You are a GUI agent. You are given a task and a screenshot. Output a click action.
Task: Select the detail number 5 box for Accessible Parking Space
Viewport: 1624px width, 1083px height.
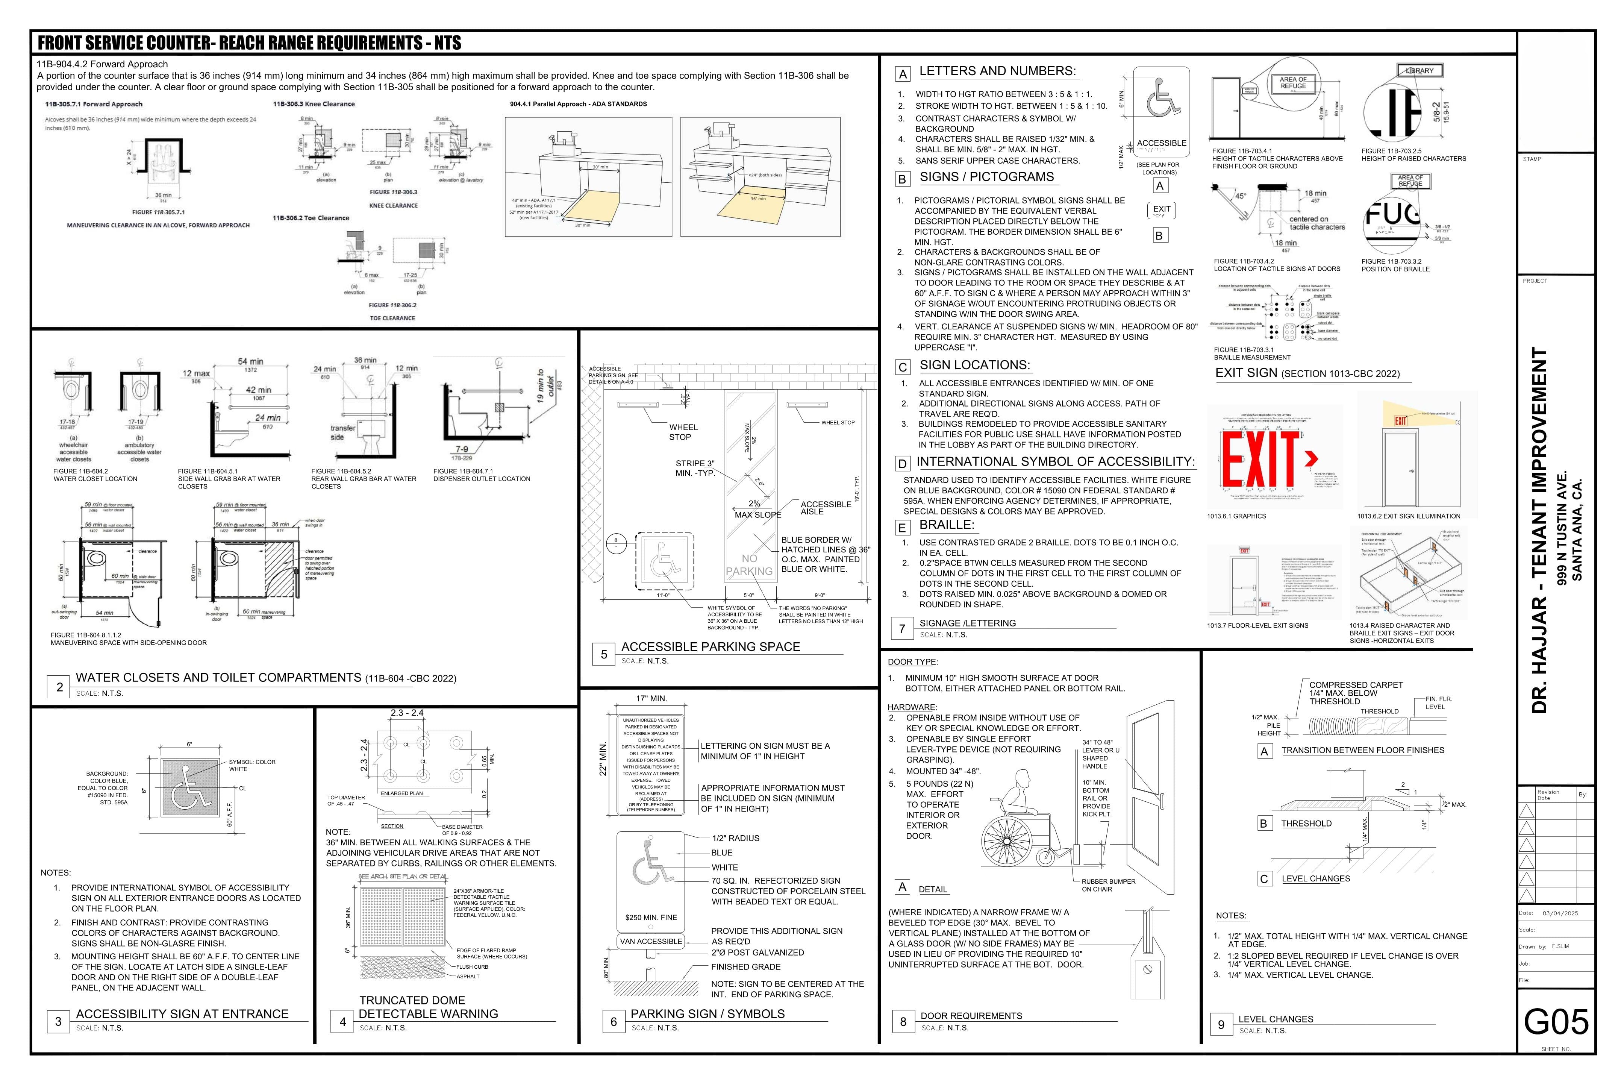point(603,654)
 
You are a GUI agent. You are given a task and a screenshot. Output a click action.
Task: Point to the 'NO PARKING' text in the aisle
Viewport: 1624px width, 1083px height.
point(749,565)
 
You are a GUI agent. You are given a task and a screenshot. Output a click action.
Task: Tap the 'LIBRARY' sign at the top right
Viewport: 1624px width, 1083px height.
point(1419,70)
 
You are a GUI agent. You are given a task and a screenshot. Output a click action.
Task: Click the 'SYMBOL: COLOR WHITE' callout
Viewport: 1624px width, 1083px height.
point(252,765)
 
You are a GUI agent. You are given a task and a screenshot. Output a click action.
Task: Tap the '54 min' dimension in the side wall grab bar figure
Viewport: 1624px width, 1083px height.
point(251,361)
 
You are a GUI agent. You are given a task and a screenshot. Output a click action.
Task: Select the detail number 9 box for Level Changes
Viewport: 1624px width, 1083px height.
point(1221,1025)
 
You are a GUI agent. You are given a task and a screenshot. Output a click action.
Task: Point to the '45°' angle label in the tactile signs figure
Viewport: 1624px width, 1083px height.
point(1240,196)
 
